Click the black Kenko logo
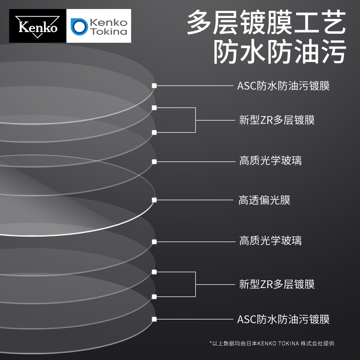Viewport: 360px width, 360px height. click(x=37, y=26)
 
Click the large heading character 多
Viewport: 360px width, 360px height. click(x=200, y=23)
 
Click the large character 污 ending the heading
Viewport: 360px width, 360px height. click(x=333, y=53)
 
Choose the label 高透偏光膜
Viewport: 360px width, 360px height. click(x=264, y=200)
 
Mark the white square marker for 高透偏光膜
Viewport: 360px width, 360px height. click(x=154, y=200)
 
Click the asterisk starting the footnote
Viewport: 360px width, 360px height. click(x=211, y=343)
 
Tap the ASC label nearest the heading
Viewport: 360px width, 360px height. click(x=283, y=85)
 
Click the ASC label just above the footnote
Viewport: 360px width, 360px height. click(x=283, y=319)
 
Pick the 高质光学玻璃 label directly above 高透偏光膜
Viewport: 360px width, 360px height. click(x=270, y=161)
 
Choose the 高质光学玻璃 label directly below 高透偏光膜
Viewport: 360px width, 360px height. click(x=270, y=241)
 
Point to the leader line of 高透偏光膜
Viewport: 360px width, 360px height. click(x=193, y=200)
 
